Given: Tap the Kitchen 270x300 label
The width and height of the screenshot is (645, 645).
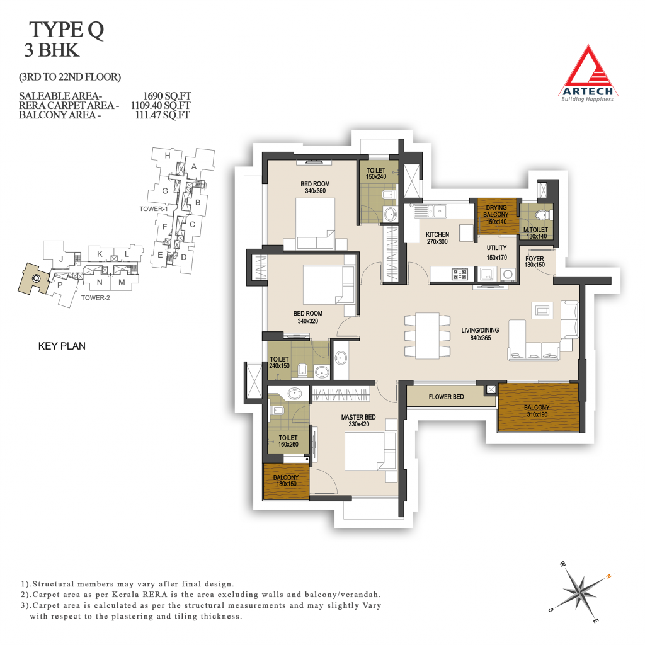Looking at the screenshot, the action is point(437,237).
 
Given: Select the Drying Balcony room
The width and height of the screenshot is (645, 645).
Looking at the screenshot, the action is point(497,217).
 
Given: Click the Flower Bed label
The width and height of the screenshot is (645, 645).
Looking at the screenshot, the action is point(446,397).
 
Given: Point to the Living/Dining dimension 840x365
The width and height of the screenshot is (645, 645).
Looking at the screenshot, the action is point(481,338).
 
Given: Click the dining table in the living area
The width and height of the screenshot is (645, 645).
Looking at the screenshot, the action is point(427,336).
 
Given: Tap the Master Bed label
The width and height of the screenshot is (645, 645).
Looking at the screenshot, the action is point(358,417).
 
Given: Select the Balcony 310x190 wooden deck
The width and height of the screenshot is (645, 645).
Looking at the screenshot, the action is point(539,408).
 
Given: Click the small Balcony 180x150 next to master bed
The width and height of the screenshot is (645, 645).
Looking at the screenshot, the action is point(287,481).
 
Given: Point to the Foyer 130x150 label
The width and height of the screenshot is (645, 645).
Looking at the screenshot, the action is point(534,261).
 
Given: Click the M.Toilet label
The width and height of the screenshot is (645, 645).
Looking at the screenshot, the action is point(535,229).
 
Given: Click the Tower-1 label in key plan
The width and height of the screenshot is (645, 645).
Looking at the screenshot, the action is point(154,208).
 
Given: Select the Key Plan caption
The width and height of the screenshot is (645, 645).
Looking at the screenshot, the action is point(62,346).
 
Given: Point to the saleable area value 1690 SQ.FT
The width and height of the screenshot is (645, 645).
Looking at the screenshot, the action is point(167,96).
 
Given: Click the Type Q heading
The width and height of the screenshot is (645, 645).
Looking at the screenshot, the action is point(66,30).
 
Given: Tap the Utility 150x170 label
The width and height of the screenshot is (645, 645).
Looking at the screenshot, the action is point(496,253).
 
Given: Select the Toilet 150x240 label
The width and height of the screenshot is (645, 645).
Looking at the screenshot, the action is point(376,173).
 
